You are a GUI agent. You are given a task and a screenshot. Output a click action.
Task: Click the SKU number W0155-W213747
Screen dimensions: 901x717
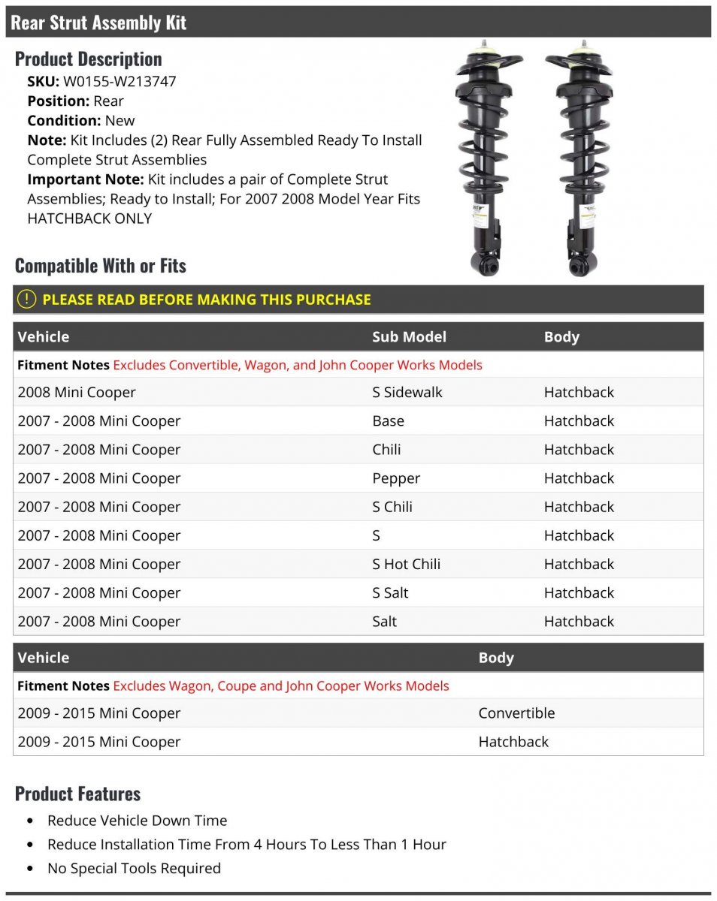pos(120,82)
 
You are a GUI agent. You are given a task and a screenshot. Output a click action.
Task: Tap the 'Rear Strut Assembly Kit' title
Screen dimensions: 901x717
pos(98,23)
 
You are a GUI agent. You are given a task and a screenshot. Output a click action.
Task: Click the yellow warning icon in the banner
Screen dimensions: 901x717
pos(26,300)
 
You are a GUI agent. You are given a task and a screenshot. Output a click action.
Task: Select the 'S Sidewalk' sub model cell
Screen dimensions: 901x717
pos(407,393)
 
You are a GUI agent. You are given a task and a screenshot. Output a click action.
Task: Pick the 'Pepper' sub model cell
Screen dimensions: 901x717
pos(396,478)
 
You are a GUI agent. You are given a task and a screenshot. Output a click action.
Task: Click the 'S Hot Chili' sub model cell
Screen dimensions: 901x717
pos(406,564)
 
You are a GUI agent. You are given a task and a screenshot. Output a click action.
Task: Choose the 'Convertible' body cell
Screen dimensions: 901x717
pos(516,713)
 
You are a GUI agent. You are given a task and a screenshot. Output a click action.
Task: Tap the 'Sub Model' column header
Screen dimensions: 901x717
pos(409,337)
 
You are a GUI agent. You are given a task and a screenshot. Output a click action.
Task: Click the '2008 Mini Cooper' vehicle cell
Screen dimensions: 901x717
pos(77,393)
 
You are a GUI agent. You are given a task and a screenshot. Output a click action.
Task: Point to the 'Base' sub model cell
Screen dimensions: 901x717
pos(388,421)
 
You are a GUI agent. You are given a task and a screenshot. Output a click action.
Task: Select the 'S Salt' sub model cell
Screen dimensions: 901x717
pos(390,592)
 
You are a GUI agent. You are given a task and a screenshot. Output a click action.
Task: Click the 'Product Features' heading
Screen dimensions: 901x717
pos(77,794)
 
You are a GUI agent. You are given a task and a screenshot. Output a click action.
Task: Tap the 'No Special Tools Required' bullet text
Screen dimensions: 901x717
pos(134,869)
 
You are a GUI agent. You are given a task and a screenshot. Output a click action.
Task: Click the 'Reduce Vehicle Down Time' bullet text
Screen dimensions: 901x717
pos(137,821)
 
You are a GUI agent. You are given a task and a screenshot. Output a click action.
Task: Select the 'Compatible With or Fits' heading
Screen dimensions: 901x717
pos(100,266)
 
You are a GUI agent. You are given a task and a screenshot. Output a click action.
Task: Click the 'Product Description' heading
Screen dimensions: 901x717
pos(88,59)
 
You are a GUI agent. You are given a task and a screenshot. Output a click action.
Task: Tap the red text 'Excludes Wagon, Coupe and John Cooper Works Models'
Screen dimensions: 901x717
pos(281,686)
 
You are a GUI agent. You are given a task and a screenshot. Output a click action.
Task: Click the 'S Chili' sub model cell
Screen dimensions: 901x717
pos(392,507)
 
